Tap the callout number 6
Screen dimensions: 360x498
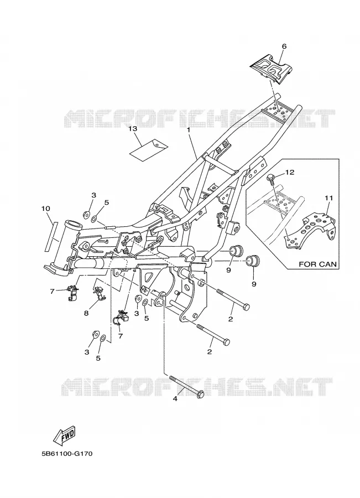284,46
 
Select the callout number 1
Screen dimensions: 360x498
189,129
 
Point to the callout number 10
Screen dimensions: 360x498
46,209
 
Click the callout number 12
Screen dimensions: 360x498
290,172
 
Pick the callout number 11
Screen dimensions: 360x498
329,198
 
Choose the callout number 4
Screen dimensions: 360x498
175,398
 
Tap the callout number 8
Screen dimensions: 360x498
86,313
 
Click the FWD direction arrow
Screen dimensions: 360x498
65,435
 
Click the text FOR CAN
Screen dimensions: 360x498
318,264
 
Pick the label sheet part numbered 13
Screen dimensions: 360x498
149,149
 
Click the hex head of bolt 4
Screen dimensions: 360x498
199,394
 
